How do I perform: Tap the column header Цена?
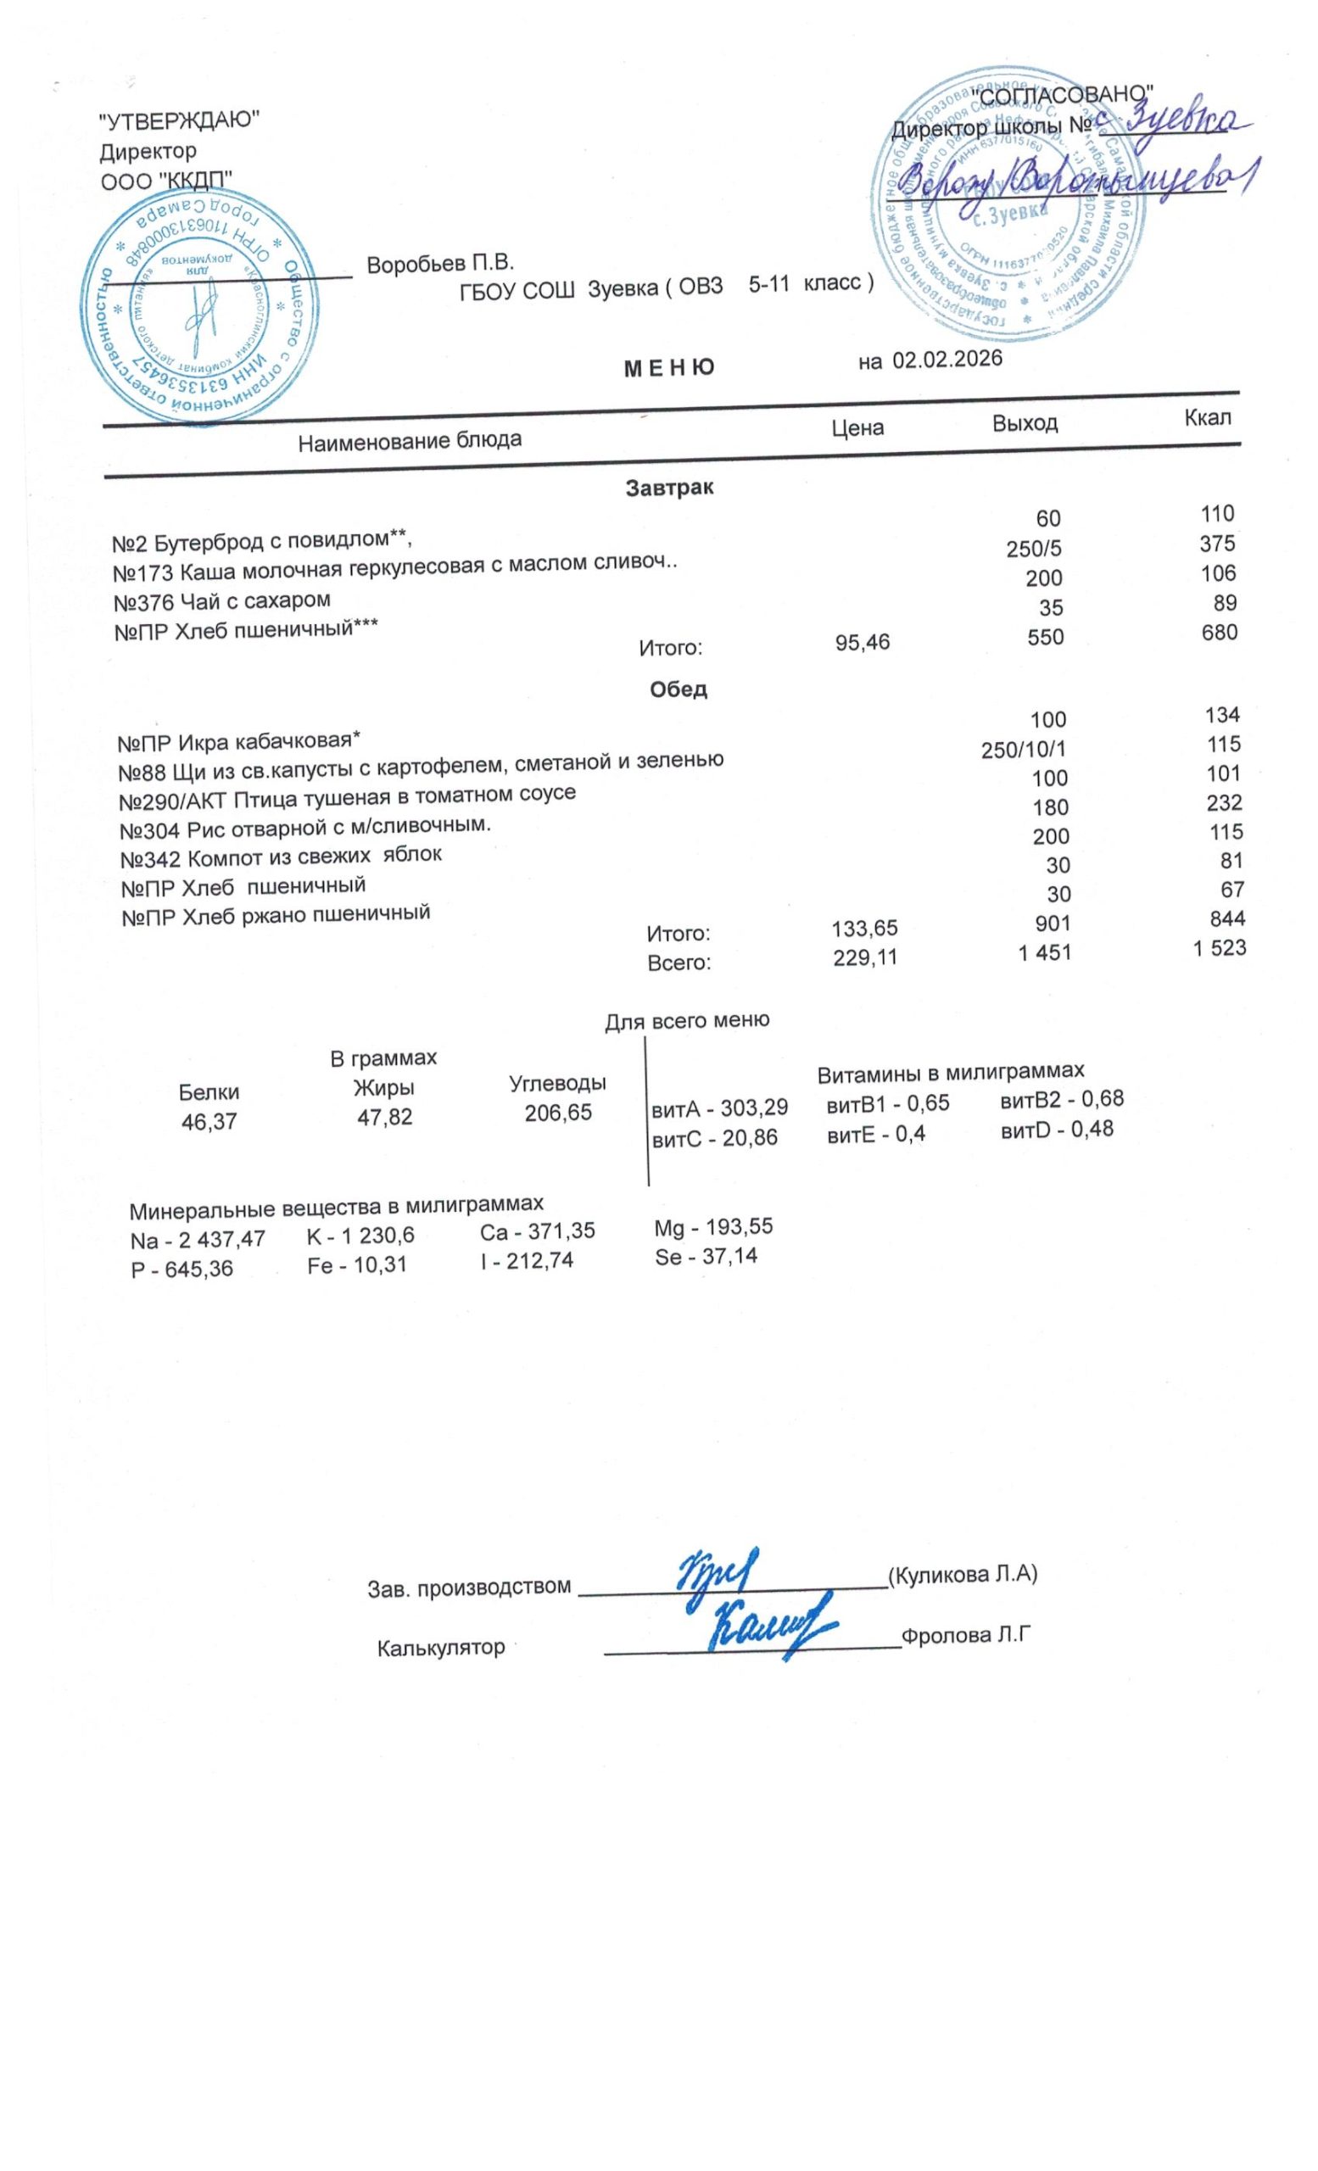(857, 428)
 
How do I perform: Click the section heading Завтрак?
(668, 488)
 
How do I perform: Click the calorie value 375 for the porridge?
(1217, 544)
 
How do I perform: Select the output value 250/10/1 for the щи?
(1023, 750)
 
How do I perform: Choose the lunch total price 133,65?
(864, 928)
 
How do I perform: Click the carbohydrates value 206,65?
(558, 1113)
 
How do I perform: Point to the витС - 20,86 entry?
(713, 1137)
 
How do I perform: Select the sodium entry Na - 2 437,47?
(197, 1240)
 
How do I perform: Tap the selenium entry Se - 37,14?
(706, 1256)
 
